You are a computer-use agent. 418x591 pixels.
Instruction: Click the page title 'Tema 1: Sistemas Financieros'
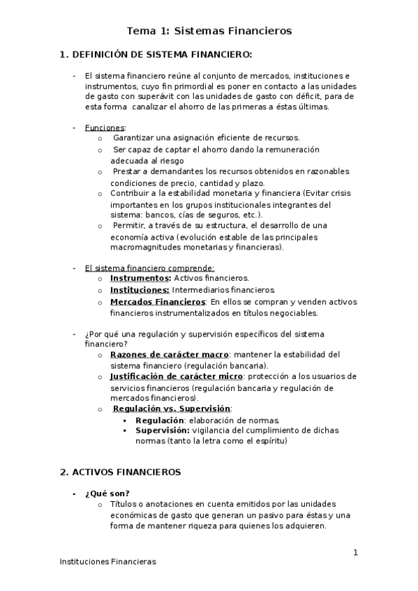click(209, 31)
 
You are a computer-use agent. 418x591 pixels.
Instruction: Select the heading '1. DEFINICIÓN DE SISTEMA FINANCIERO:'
click(156, 54)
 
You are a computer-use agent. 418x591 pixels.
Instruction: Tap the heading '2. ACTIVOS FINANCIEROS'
click(120, 472)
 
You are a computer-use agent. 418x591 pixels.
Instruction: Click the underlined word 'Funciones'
click(104, 128)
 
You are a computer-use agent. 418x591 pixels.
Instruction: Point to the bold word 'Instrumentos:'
click(140, 278)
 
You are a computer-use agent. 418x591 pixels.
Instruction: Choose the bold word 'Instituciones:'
click(140, 290)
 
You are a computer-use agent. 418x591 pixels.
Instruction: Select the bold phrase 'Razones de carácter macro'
click(170, 354)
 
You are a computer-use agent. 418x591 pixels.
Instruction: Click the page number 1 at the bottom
click(355, 553)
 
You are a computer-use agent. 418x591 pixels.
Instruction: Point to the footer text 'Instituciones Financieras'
click(107, 561)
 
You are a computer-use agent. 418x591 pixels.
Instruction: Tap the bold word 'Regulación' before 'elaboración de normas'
click(160, 420)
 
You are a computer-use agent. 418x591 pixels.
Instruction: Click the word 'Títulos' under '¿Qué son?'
click(124, 504)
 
